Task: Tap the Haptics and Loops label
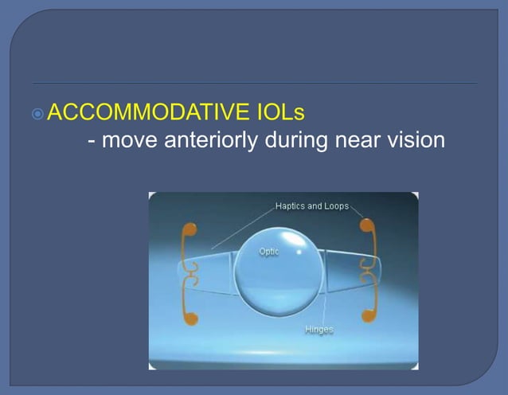pyautogui.click(x=311, y=206)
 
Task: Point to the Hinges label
pyautogui.click(x=318, y=329)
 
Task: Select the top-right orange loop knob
pyautogui.click(x=365, y=225)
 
